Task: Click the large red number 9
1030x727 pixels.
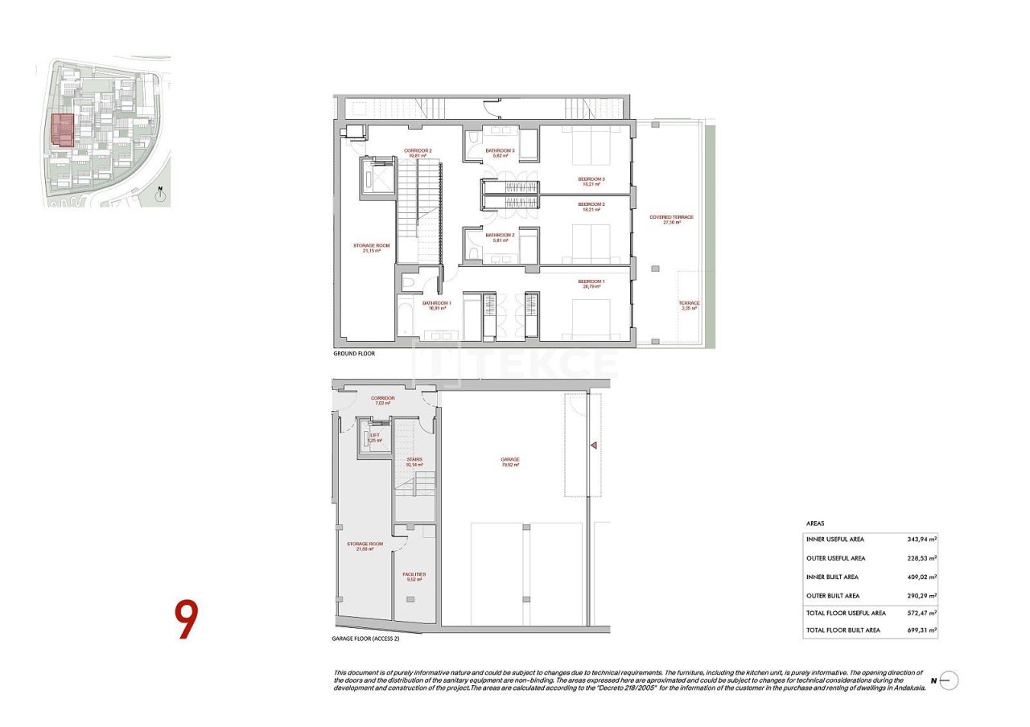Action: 186,619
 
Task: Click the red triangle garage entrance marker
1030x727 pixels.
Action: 592,445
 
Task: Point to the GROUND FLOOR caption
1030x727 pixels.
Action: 354,354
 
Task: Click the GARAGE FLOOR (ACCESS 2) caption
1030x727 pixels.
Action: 365,639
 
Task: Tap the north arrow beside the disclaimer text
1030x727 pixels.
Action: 947,680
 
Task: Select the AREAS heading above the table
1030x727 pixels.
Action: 815,523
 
